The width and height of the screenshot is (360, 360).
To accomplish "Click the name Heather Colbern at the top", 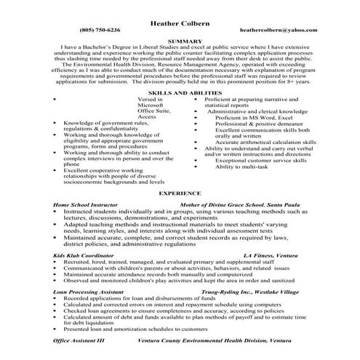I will [180, 23].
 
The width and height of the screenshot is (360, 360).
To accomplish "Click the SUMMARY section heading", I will [180, 41].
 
